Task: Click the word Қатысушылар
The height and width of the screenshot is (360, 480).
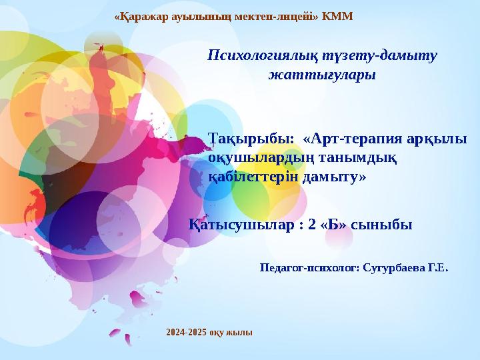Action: tap(241, 225)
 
